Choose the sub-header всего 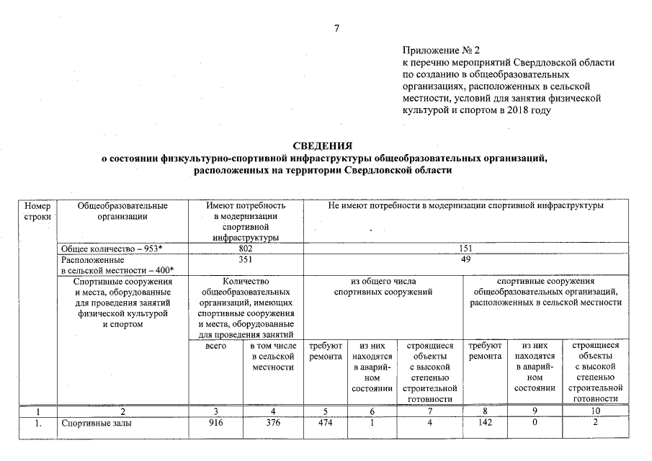click(x=216, y=346)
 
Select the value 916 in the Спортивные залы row click(x=216, y=424)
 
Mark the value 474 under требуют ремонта click(x=326, y=424)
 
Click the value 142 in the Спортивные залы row click(x=485, y=424)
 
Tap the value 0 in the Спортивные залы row click(x=533, y=424)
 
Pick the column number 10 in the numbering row click(x=594, y=412)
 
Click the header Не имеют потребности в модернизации click(x=465, y=206)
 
